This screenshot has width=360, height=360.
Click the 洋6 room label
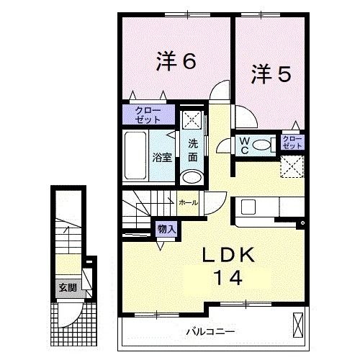(x=176, y=62)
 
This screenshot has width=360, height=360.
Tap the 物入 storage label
(x=166, y=229)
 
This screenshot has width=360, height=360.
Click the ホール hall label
(x=189, y=203)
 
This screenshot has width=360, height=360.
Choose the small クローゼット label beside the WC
(x=292, y=142)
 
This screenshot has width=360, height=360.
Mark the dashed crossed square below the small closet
(x=292, y=166)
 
